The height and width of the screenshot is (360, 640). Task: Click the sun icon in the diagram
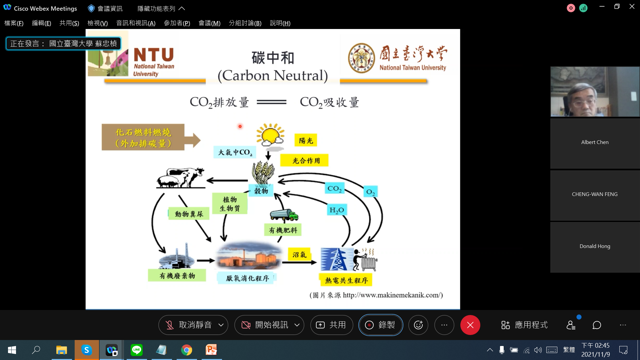click(x=270, y=135)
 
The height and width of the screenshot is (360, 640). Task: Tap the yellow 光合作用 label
click(x=304, y=160)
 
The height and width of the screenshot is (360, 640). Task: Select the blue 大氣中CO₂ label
click(x=235, y=152)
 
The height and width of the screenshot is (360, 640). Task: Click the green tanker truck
click(x=284, y=215)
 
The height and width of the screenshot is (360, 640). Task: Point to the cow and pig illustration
click(x=180, y=177)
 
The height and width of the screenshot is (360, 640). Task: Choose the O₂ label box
click(x=370, y=192)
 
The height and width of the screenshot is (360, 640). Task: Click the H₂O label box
click(x=337, y=210)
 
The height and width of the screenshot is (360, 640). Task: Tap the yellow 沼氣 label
click(x=299, y=255)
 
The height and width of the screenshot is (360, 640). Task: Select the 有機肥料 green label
click(x=283, y=230)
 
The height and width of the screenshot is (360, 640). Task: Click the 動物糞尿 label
click(x=189, y=214)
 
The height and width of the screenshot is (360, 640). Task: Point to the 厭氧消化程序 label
click(x=247, y=278)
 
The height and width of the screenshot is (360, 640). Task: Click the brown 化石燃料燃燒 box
click(x=143, y=137)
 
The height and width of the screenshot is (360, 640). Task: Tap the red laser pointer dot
click(x=240, y=126)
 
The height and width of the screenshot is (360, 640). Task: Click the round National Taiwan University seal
click(x=361, y=58)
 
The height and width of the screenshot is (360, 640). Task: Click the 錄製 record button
click(x=381, y=325)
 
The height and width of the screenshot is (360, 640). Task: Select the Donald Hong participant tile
click(x=595, y=247)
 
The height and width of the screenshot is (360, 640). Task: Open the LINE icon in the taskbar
click(x=137, y=350)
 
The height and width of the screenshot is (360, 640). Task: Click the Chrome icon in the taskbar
click(x=187, y=350)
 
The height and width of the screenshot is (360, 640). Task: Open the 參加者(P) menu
click(x=177, y=23)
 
